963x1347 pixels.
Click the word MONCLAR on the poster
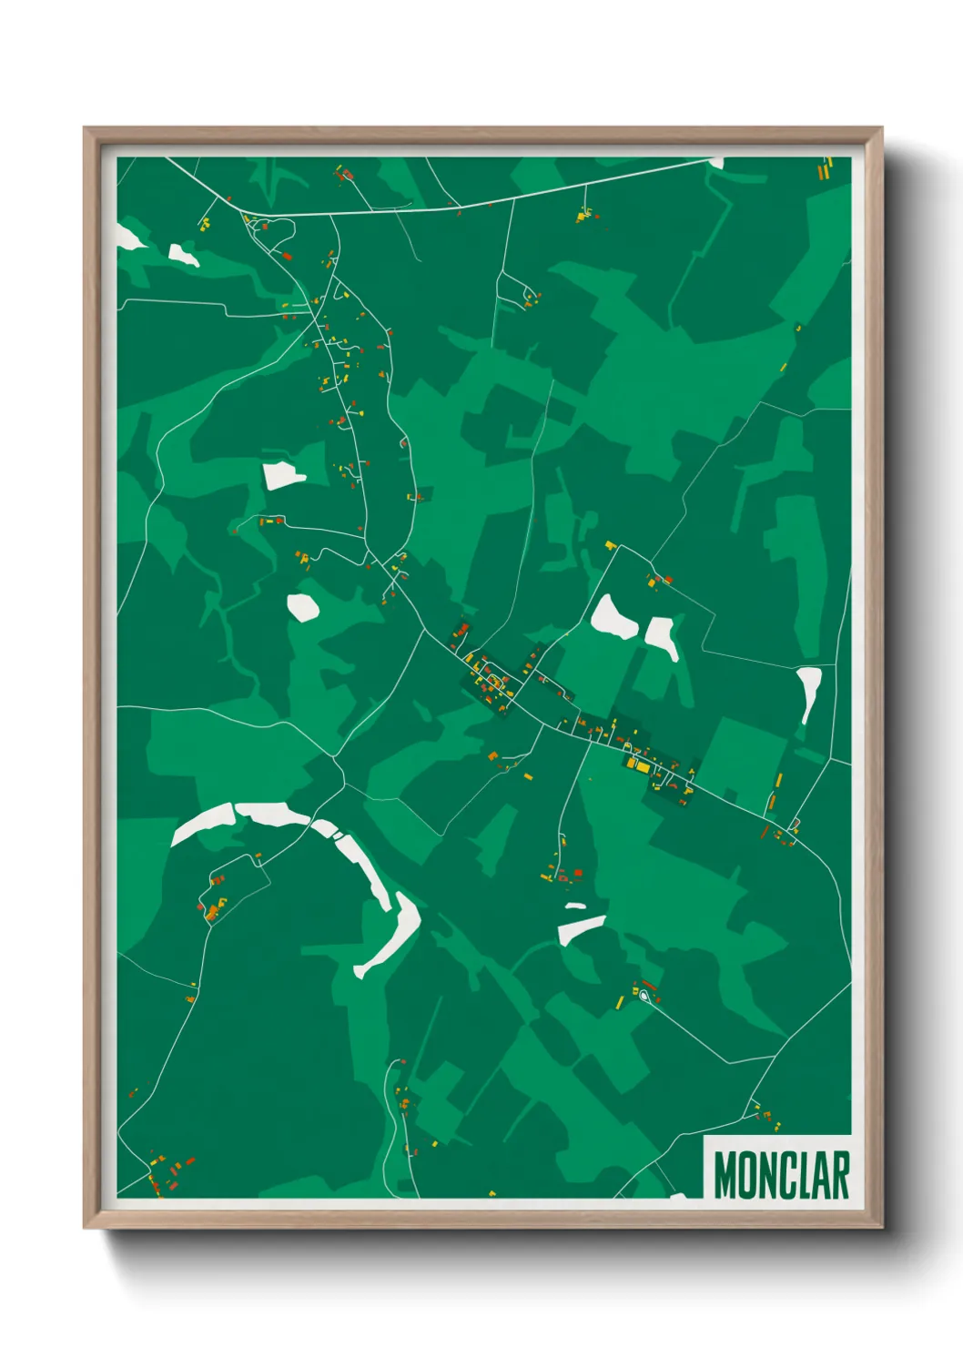coord(781,1174)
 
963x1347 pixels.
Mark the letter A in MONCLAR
coord(819,1174)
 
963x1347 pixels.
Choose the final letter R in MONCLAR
coord(840,1174)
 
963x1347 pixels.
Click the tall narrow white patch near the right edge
coord(808,692)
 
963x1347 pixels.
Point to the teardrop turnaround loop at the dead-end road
coord(644,997)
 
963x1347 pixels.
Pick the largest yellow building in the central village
coord(641,767)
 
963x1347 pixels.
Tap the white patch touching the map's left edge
coord(127,237)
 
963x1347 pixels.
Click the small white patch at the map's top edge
coord(715,163)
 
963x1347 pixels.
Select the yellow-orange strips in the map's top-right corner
coord(825,168)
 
